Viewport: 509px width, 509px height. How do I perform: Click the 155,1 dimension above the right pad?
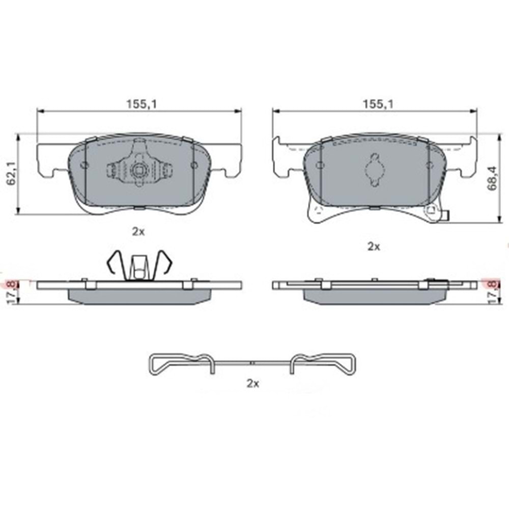pos(376,103)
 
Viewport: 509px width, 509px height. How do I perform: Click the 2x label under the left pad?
pos(138,232)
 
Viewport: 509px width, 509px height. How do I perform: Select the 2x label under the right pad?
pos(374,246)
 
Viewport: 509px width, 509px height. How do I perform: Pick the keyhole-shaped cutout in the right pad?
pos(374,168)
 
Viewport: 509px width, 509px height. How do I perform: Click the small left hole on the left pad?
pos(84,165)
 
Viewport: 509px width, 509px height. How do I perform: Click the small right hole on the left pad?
pos(193,165)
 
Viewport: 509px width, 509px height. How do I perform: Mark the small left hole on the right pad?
pos(319,165)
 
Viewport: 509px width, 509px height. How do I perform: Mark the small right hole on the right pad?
pos(429,165)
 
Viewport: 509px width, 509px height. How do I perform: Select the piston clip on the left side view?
pos(138,265)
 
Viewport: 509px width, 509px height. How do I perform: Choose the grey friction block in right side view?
pos(374,297)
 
